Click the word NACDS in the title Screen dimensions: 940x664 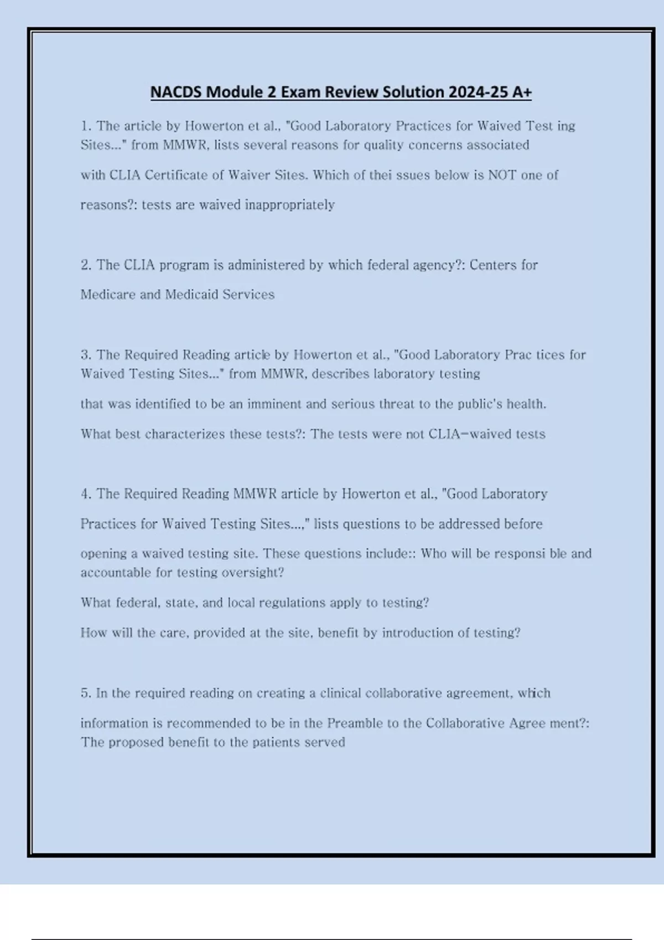tap(175, 92)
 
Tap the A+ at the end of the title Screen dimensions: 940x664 tap(521, 92)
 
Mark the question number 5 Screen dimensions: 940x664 tap(85, 693)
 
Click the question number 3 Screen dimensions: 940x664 tap(85, 355)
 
